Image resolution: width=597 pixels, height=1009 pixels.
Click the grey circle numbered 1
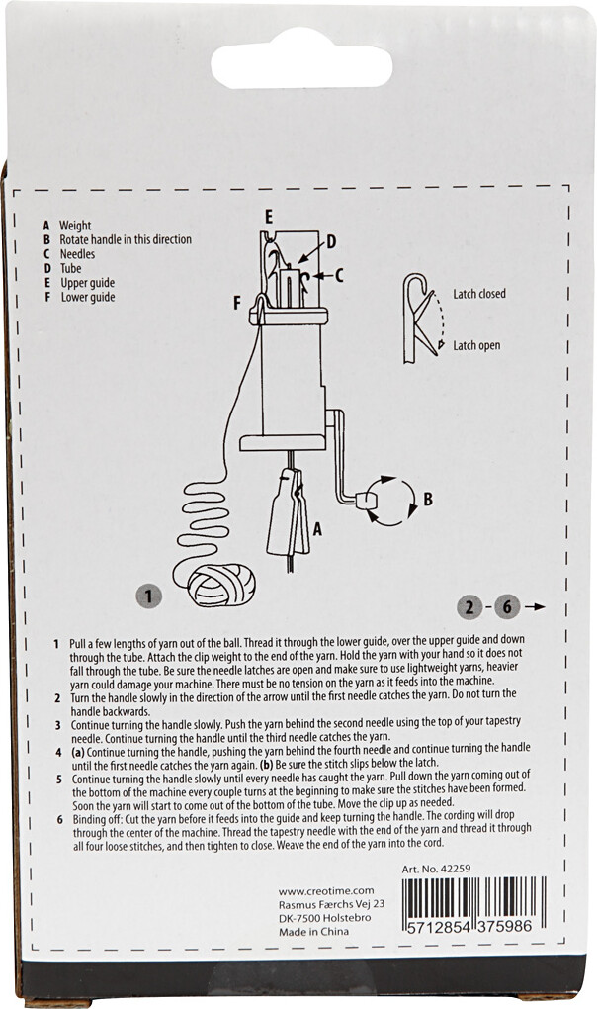pyautogui.click(x=147, y=596)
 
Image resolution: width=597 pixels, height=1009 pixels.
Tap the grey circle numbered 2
pyautogui.click(x=472, y=605)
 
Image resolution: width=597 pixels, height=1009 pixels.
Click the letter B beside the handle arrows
pyautogui.click(x=427, y=501)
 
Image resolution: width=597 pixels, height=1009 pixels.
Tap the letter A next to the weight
pyautogui.click(x=316, y=529)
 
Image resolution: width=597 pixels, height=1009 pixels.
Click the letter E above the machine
pyautogui.click(x=268, y=215)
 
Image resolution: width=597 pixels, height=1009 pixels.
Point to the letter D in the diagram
pyautogui.click(x=332, y=241)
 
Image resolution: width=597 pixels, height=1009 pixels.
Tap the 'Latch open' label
pyautogui.click(x=476, y=345)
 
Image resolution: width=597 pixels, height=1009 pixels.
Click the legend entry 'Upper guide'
pyautogui.click(x=87, y=282)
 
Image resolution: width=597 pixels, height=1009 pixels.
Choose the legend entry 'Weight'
pyautogui.click(x=75, y=226)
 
